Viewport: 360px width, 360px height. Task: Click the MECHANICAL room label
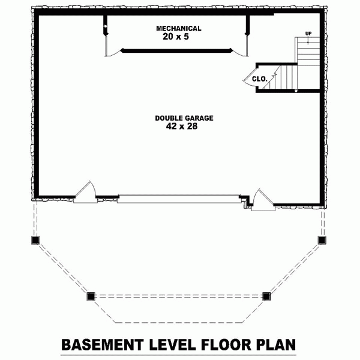coord(178,28)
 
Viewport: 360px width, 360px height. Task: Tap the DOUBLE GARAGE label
coord(184,118)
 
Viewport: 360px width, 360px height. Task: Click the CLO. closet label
coord(259,79)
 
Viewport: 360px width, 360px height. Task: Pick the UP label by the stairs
coord(308,34)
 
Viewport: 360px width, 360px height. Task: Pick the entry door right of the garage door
coord(261,199)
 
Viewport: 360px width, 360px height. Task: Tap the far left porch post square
coord(34,239)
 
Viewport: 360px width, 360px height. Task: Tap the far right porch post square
coord(322,240)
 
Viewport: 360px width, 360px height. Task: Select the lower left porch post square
coord(91,296)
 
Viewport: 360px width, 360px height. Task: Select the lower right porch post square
coord(266,295)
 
